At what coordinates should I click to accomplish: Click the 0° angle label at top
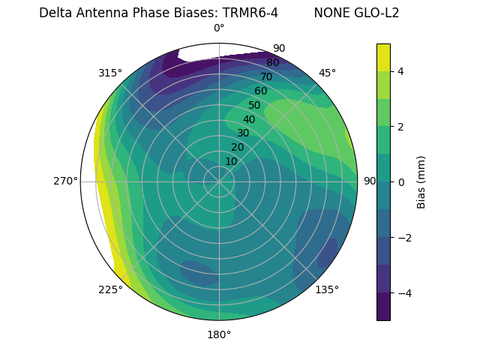[219, 28]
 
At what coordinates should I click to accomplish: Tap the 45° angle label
[327, 73]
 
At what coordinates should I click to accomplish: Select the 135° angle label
[327, 289]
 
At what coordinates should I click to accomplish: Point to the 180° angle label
[219, 334]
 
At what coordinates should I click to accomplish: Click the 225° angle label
[110, 289]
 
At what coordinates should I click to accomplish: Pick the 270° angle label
[65, 181]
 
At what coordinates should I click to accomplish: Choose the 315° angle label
[110, 73]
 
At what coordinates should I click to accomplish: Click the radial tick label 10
[231, 161]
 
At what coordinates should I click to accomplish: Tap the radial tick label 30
[243, 133]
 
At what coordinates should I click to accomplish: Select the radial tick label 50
[255, 105]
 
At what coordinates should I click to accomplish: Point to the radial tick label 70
[266, 76]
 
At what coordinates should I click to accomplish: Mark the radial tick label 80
[272, 62]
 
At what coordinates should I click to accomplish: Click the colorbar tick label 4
[401, 71]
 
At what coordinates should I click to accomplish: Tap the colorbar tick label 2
[401, 127]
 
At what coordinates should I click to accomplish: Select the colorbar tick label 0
[401, 182]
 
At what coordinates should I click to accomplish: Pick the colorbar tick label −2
[403, 238]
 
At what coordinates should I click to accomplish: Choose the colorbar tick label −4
[403, 293]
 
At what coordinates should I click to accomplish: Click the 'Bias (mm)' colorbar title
[421, 182]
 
